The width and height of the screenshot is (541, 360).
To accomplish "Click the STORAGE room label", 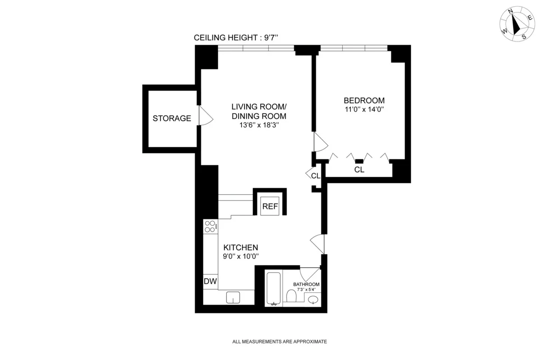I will pos(172,118).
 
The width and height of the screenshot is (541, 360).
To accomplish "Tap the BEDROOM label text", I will pos(364,100).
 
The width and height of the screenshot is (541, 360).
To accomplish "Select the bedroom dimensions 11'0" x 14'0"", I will pos(364,109).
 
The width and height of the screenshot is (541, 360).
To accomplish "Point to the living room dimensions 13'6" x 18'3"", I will pos(259,125).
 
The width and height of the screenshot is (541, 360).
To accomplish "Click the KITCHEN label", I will pos(241,247).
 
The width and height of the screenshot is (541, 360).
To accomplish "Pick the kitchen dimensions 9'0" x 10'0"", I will pos(241,256).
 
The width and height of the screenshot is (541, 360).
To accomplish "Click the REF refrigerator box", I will pos(270,206).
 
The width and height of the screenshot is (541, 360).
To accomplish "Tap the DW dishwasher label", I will pos(210,282).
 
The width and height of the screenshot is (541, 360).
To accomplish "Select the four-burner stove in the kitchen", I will pos(210,226).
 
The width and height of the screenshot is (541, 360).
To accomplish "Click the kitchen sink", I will pos(233,297).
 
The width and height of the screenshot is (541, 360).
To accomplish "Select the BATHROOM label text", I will pos(306,284).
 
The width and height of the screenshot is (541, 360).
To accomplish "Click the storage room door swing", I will pos(205,117).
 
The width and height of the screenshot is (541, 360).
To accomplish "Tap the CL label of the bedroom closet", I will pos(359,170).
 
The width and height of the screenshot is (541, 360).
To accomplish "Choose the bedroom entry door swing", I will pos(321,142).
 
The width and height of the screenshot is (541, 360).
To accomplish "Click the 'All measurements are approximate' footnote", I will pos(279,342).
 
